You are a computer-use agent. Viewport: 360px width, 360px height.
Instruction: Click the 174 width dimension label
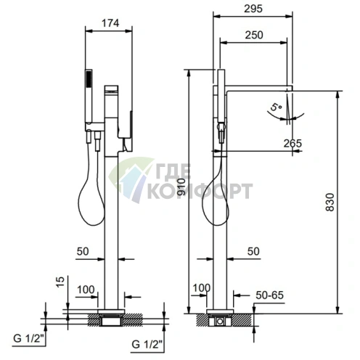pyautogui.click(x=110, y=23)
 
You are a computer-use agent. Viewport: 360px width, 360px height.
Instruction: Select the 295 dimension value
pyautogui.click(x=253, y=9)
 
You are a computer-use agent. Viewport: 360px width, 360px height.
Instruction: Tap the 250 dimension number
pyautogui.click(x=254, y=35)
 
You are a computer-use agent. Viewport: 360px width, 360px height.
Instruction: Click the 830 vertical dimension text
pyautogui.click(x=330, y=202)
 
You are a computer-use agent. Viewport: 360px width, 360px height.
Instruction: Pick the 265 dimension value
pyautogui.click(x=292, y=144)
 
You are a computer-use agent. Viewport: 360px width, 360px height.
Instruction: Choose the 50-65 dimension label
pyautogui.click(x=270, y=295)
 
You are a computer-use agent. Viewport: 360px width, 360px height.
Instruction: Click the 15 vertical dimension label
pyautogui.click(x=60, y=282)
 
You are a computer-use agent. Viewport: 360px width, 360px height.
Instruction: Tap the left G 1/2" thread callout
pyautogui.click(x=30, y=338)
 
